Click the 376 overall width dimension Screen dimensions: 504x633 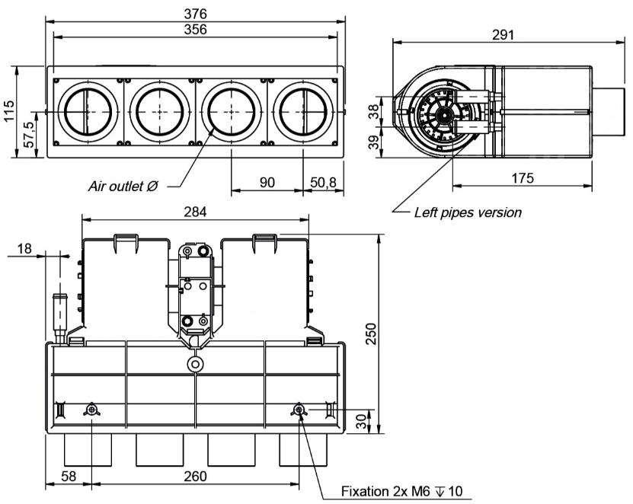pos(196,14)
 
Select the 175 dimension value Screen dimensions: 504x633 pos(522,177)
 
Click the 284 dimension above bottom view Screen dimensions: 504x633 pos(196,211)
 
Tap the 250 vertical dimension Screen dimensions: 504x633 pos(372,333)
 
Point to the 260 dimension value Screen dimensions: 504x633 pos(196,477)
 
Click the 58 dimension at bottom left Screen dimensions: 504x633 pos(69,477)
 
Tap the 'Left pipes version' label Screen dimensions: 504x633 pos(468,212)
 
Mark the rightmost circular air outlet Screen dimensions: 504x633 pos(302,111)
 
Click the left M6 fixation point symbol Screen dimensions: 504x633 pos(91,410)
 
